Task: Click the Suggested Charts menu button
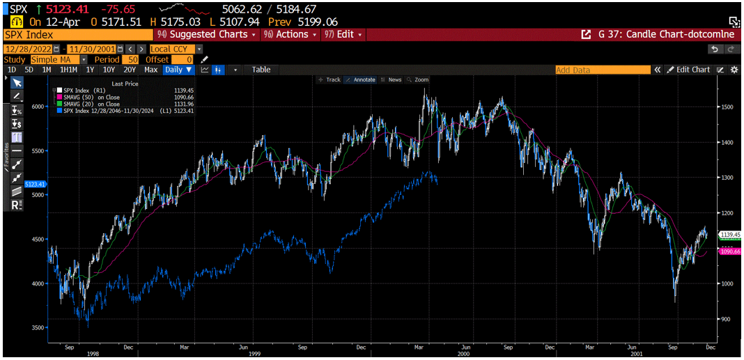pyautogui.click(x=207, y=34)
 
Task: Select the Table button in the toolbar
pyautogui.click(x=261, y=70)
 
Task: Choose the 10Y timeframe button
pyautogui.click(x=109, y=70)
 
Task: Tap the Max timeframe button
pyautogui.click(x=150, y=70)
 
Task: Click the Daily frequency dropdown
pyautogui.click(x=178, y=70)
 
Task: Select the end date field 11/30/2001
pyautogui.click(x=92, y=49)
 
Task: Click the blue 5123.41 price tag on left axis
pyautogui.click(x=35, y=184)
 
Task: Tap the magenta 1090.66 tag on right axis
pyautogui.click(x=729, y=251)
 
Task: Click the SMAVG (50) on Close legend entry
pyautogui.click(x=91, y=97)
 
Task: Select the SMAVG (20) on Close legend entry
pyautogui.click(x=91, y=104)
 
